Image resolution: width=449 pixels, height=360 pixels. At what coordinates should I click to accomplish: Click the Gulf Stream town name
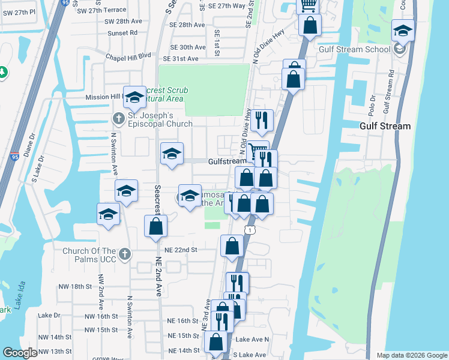click(385, 126)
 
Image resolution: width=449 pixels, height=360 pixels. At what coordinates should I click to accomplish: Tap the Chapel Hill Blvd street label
click(126, 56)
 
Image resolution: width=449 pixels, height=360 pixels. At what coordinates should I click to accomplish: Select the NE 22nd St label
click(181, 249)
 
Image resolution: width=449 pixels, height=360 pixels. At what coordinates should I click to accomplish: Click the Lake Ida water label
click(20, 295)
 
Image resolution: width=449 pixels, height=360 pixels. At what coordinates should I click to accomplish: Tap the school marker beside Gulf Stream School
click(403, 30)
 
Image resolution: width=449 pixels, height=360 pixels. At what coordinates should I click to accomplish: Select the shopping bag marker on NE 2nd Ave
click(155, 226)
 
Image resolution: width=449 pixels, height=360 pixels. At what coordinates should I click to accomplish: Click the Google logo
click(20, 353)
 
